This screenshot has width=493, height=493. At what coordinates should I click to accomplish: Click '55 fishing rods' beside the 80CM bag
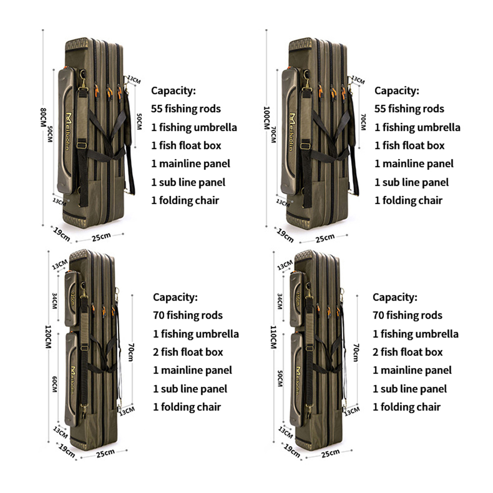(x=186, y=109)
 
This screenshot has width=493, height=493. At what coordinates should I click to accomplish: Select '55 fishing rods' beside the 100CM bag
(x=409, y=109)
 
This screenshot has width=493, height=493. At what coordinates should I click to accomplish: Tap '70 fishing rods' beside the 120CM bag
(x=188, y=315)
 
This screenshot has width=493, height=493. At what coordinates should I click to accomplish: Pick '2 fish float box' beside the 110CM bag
(x=407, y=352)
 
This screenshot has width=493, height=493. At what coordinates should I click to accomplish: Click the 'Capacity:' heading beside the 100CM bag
(x=397, y=91)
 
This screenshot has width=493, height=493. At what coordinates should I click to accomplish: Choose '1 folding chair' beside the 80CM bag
(x=185, y=200)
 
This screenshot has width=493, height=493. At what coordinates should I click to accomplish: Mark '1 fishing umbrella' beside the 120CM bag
(x=196, y=334)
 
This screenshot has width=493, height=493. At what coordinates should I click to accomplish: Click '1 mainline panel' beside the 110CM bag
(x=412, y=370)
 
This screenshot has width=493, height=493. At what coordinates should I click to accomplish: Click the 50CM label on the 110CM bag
(x=280, y=379)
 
